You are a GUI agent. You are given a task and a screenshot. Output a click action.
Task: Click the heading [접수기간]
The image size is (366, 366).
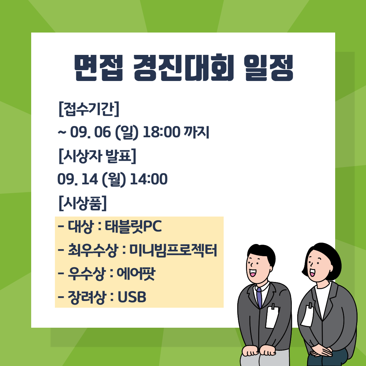(x=89, y=109)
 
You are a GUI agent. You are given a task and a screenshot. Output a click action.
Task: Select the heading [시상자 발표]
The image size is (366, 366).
(x=97, y=156)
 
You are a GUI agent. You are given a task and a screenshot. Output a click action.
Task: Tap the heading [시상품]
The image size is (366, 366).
(x=82, y=203)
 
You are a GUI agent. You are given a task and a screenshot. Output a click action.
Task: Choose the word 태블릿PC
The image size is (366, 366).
(x=134, y=227)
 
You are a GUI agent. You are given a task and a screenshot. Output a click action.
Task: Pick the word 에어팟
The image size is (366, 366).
(x=135, y=274)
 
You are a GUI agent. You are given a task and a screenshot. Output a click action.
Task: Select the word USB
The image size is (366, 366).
(x=132, y=297)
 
